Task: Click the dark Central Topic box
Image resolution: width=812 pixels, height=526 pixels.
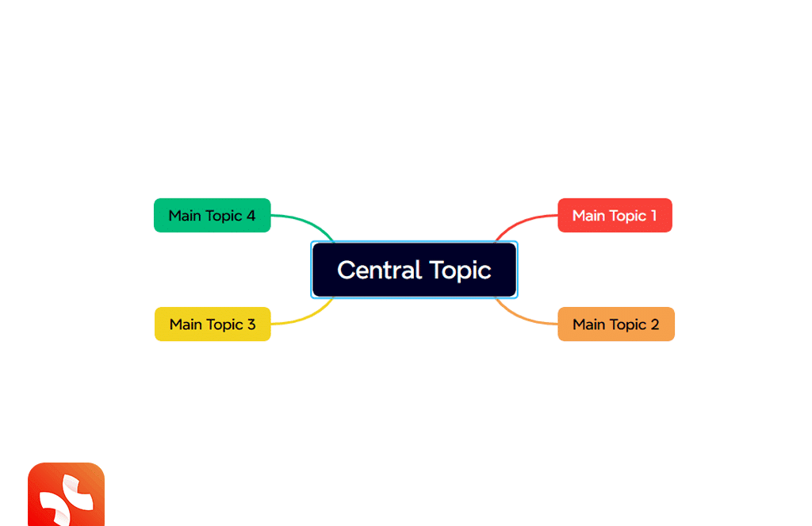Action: (414, 270)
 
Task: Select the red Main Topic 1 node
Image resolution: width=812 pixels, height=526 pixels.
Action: (615, 215)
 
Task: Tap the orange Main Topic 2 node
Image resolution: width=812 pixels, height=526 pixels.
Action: (615, 324)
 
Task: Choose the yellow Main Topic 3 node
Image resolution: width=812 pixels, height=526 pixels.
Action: (213, 324)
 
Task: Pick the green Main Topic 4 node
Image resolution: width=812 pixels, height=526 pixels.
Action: (212, 215)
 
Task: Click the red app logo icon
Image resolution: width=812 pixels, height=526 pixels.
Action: (66, 495)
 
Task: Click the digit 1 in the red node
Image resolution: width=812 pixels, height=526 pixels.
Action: (653, 215)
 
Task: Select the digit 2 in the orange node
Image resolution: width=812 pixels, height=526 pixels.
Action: (655, 324)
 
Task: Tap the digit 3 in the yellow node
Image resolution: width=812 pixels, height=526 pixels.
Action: (251, 324)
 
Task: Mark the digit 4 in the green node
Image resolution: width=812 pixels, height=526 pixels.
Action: (251, 215)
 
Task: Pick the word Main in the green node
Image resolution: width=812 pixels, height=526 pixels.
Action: (185, 215)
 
